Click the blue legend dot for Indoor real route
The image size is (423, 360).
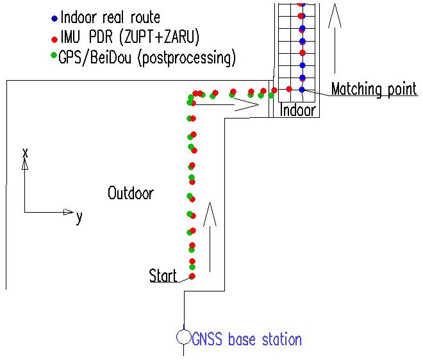pyautogui.click(x=54, y=18)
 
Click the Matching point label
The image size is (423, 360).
pyautogui.click(x=374, y=89)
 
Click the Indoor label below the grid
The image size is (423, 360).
pyautogui.click(x=299, y=110)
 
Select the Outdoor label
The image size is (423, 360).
pyautogui.click(x=131, y=193)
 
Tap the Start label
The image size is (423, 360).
pyautogui.click(x=163, y=276)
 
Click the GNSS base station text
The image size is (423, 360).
pyautogui.click(x=247, y=339)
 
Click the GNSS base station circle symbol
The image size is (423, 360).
pyautogui.click(x=183, y=337)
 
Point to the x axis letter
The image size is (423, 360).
pyautogui.click(x=25, y=152)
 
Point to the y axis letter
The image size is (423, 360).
pyautogui.click(x=79, y=217)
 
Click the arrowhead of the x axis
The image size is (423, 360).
pyautogui.click(x=25, y=164)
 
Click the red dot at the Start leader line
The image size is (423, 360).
pyautogui.click(x=192, y=275)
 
